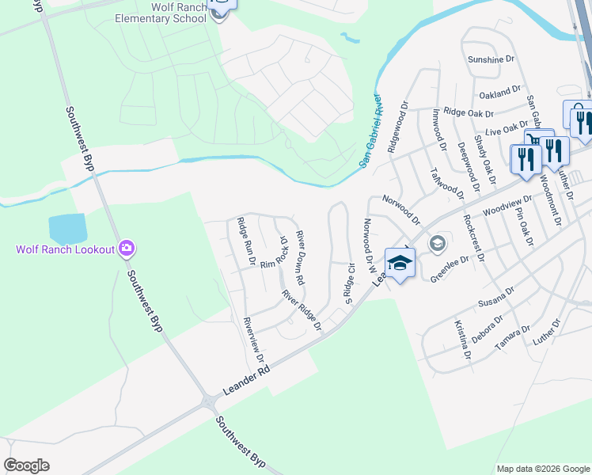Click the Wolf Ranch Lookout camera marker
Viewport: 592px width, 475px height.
coord(127,249)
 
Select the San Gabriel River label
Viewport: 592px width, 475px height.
coord(371,131)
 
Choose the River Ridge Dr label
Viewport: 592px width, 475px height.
coord(302,310)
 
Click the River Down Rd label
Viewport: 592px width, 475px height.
coord(300,258)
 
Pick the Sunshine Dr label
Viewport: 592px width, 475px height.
coord(491,59)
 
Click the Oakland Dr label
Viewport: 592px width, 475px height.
coord(500,93)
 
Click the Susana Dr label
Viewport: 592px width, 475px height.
coord(496,298)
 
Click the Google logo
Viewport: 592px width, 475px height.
coord(26,465)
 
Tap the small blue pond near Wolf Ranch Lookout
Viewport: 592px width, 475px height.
coord(67,229)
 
